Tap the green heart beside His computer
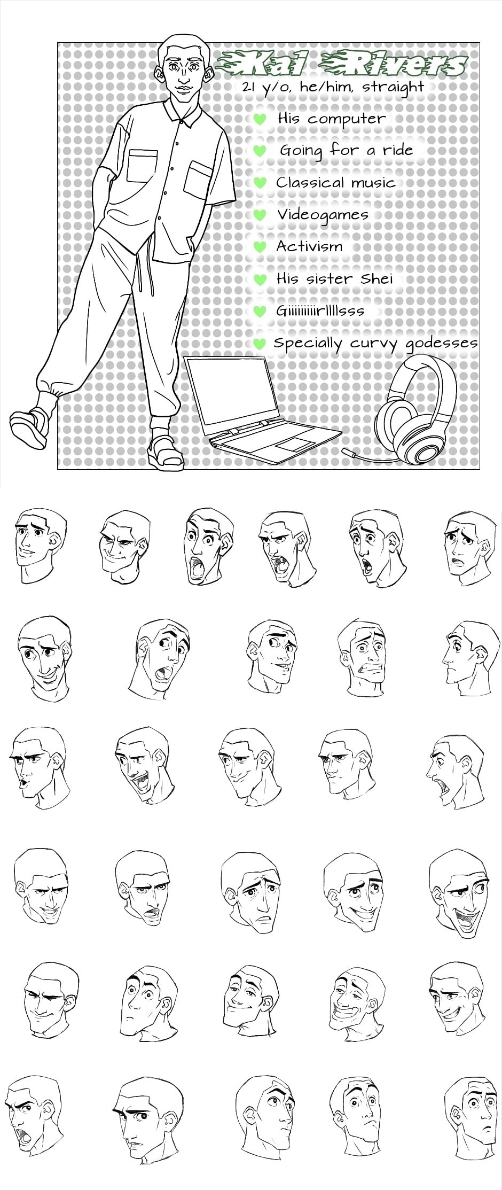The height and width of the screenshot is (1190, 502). click(x=259, y=119)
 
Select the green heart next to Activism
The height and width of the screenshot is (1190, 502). click(x=259, y=247)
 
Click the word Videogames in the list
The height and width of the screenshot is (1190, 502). click(x=323, y=215)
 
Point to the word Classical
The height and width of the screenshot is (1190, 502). click(x=310, y=182)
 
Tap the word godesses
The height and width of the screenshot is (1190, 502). click(x=441, y=344)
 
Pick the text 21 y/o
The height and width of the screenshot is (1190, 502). click(x=265, y=88)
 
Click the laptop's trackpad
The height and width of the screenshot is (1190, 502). click(x=293, y=444)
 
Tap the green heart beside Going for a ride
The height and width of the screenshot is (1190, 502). click(x=259, y=151)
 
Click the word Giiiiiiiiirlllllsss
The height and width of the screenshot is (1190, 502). click(x=320, y=311)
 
